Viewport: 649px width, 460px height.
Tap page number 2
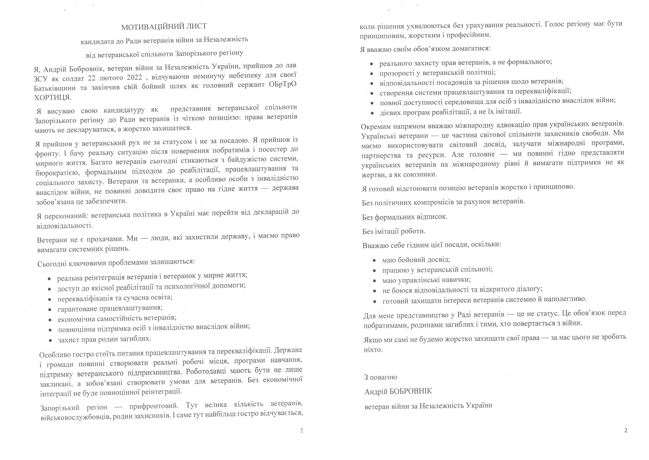(x=626, y=430)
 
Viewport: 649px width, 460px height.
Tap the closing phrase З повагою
(x=380, y=377)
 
